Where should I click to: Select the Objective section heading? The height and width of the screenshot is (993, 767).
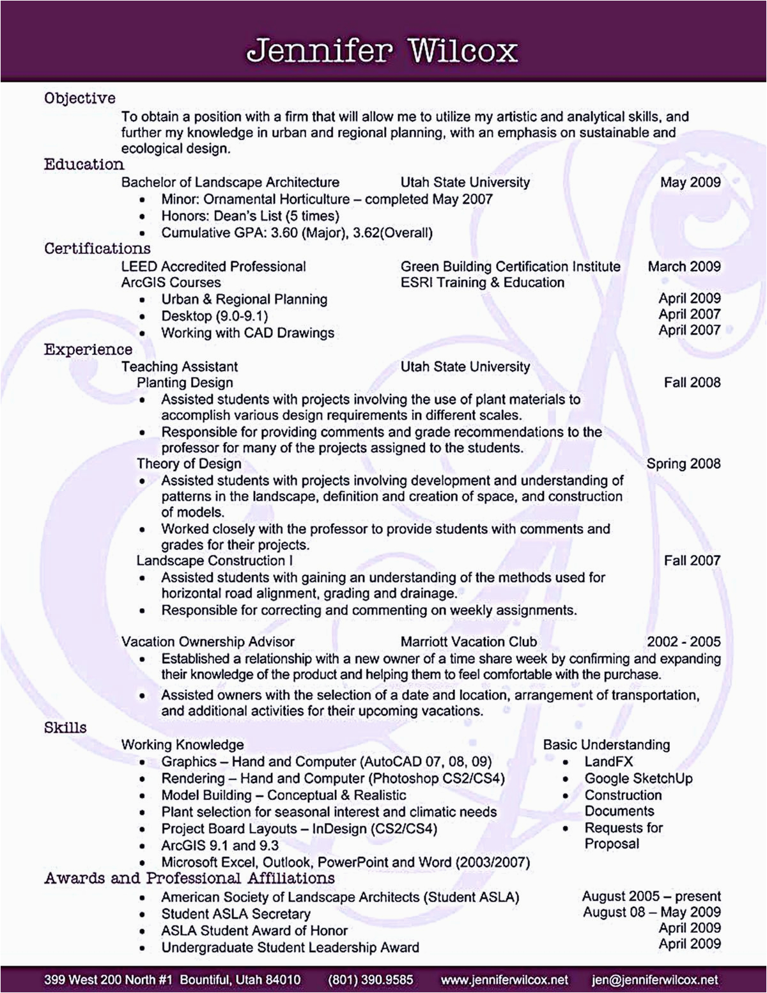(x=80, y=98)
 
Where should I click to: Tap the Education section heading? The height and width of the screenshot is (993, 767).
(x=84, y=165)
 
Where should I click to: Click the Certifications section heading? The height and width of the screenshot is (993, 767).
(x=97, y=249)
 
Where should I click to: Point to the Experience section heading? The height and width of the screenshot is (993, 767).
(x=88, y=350)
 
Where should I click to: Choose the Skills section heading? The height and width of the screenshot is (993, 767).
(x=65, y=728)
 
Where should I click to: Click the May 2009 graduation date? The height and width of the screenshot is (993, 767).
(x=690, y=182)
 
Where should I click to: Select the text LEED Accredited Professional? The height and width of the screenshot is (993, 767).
(x=213, y=267)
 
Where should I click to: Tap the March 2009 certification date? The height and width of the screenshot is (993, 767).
(x=684, y=267)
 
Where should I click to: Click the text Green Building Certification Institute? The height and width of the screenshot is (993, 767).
(x=510, y=267)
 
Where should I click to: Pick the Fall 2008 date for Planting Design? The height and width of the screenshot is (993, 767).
(x=692, y=382)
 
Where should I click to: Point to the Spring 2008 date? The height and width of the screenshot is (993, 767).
(x=683, y=464)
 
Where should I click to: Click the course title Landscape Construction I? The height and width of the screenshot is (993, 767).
(x=215, y=561)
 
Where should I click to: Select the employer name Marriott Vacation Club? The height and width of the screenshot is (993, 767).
(x=469, y=642)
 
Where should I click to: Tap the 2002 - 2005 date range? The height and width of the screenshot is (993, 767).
(x=683, y=642)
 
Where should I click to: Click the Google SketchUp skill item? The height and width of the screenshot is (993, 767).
(x=638, y=779)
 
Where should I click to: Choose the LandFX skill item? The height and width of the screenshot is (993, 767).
(x=608, y=762)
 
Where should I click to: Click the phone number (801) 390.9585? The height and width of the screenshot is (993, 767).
(x=371, y=980)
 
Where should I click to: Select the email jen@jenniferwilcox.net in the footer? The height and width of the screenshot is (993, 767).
(x=655, y=980)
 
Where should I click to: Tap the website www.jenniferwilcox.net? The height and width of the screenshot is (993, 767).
(x=504, y=980)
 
